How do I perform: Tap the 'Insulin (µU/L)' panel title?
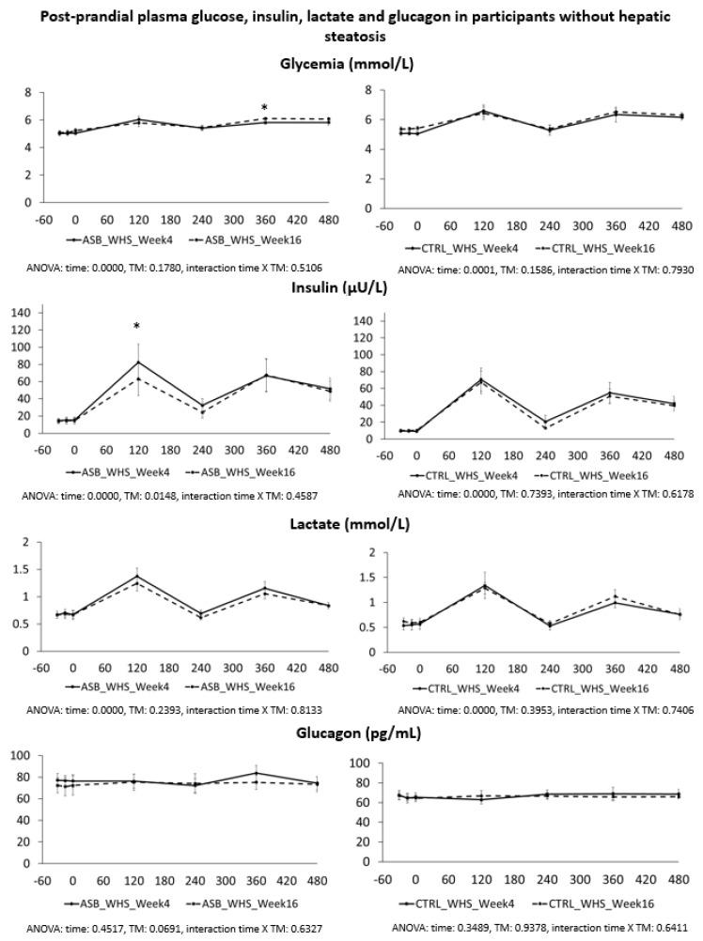pyautogui.click(x=351, y=287)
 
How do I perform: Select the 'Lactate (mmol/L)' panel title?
pyautogui.click(x=351, y=523)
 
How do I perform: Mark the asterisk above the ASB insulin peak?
pyautogui.click(x=137, y=327)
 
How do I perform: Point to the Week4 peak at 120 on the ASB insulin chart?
pyautogui.click(x=138, y=362)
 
